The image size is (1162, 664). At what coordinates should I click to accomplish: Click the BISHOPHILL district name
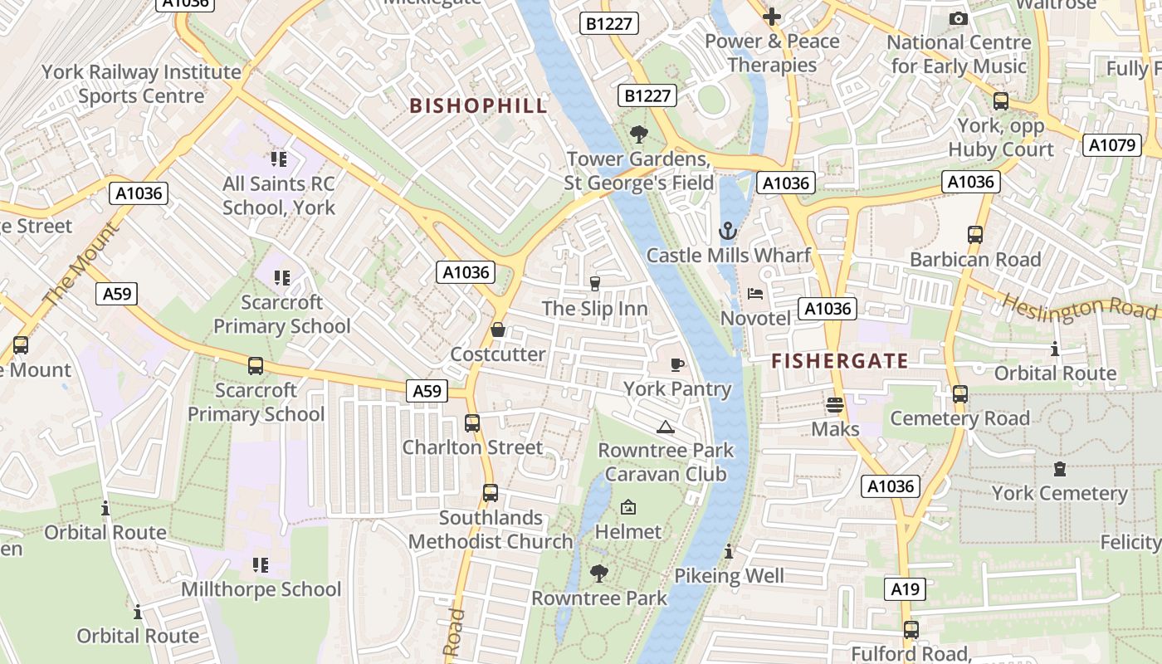click(479, 105)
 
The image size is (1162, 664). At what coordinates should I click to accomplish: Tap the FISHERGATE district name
click(840, 361)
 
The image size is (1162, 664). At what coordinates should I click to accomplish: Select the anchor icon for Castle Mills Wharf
click(728, 231)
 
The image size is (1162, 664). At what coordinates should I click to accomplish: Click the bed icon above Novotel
click(755, 294)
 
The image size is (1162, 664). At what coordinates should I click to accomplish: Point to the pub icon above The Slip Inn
click(594, 284)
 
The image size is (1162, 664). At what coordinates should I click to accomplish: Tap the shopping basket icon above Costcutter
click(498, 330)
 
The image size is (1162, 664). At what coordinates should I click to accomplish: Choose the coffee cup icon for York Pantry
click(677, 364)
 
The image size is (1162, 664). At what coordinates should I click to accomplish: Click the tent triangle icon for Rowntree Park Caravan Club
click(665, 427)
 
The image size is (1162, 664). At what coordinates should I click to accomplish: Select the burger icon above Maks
click(835, 404)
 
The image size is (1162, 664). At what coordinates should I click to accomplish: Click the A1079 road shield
click(1111, 145)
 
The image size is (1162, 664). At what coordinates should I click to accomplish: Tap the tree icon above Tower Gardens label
click(638, 134)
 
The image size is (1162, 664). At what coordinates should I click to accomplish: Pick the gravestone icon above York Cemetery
click(1059, 469)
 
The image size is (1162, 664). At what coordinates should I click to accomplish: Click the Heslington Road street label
click(1079, 305)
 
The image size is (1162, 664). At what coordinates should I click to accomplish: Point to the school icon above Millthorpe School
click(261, 565)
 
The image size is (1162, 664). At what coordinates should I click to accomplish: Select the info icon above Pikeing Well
click(729, 551)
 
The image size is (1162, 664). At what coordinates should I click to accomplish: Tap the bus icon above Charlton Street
click(472, 422)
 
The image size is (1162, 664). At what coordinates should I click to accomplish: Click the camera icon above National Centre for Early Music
click(959, 18)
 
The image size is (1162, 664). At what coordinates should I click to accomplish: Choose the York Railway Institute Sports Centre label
click(141, 84)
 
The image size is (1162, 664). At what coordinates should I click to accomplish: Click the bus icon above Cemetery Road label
click(960, 393)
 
